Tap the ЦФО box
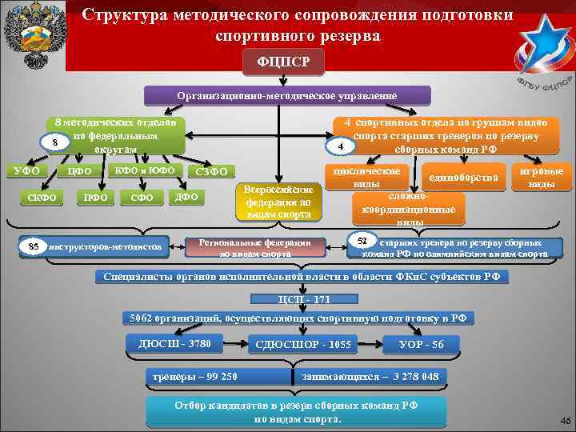coord(81,170)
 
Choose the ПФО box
coord(93,198)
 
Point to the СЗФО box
coord(211,171)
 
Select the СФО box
coord(142,198)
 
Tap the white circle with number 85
coord(33,245)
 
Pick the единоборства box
coord(464,177)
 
